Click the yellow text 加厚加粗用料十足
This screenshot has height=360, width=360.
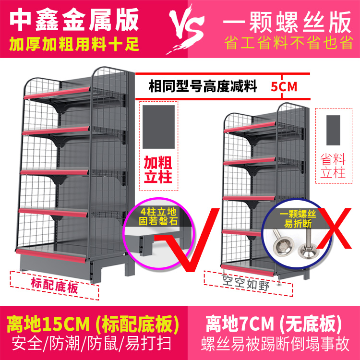(x=74, y=45)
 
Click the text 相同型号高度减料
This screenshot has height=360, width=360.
(x=203, y=87)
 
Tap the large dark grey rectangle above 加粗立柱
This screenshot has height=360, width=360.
(x=158, y=127)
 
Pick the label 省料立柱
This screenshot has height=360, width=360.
(x=333, y=166)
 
